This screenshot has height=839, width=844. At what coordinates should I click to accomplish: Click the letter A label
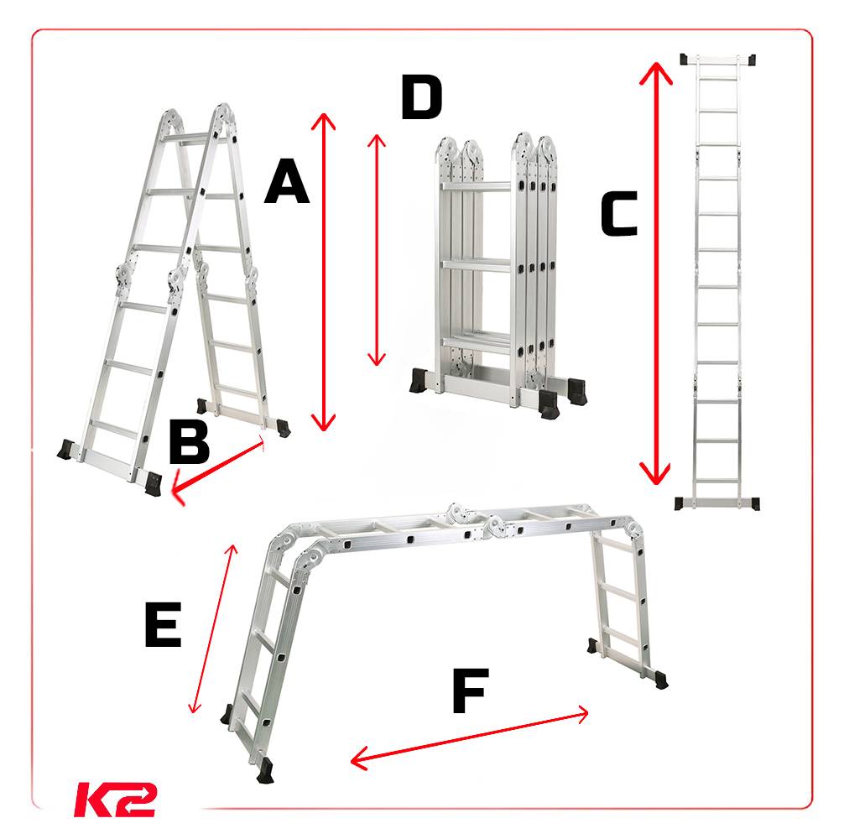[287, 181]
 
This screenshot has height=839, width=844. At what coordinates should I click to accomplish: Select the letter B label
[189, 441]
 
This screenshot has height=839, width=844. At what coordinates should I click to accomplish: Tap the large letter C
[619, 214]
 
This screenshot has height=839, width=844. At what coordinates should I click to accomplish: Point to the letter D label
[422, 97]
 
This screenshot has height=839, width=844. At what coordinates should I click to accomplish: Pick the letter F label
[471, 690]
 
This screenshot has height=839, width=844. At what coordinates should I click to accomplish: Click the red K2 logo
[115, 800]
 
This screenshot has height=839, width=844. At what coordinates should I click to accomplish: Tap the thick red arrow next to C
[655, 274]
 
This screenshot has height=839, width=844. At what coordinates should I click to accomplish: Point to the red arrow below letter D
[376, 250]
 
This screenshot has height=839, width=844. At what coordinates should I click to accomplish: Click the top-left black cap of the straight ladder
[686, 60]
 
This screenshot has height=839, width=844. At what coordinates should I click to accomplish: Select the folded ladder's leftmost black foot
[419, 380]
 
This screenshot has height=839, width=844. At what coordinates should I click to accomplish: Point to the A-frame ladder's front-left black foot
[66, 450]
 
